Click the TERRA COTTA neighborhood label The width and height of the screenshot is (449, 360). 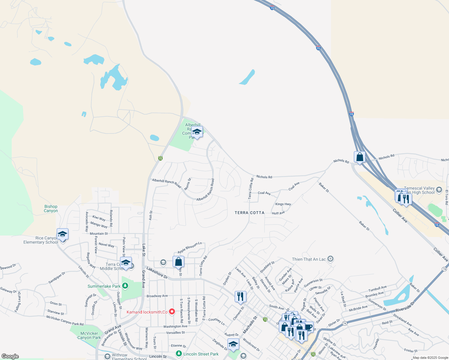pos(249,213)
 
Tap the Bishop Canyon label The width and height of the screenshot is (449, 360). pos(51,208)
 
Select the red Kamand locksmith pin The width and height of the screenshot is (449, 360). pos(172,312)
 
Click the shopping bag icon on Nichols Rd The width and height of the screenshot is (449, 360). pos(360,157)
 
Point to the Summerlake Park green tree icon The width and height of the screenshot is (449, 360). pos(125,286)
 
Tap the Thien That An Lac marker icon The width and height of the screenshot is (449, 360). pos(330,259)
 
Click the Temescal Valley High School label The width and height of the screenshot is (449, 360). pos(419,190)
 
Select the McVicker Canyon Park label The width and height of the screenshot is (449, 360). pos(89,335)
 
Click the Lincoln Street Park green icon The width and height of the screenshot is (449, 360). pos(179,354)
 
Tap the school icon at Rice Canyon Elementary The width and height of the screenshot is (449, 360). pos(62,234)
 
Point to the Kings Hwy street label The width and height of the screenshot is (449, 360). pos(283,204)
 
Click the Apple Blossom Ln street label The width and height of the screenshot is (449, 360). pos(190,247)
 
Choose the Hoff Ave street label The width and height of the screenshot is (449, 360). pos(278,213)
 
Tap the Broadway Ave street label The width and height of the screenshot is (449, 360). pos(157,296)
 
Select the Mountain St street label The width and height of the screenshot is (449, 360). pos(99,233)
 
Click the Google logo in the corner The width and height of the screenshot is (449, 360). pos(10,356)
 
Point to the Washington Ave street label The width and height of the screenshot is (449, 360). pos(175,326)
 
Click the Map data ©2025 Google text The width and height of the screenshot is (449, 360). pos(430,358)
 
